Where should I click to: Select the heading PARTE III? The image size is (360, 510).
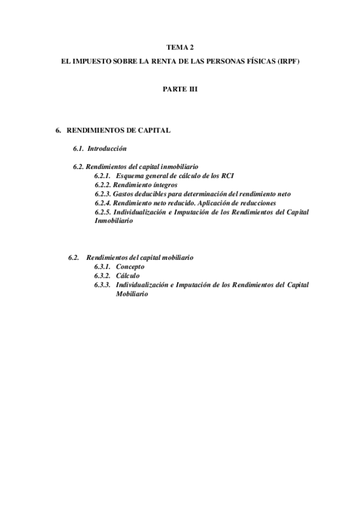tap(180, 88)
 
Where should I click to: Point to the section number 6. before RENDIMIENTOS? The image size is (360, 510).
tap(58, 130)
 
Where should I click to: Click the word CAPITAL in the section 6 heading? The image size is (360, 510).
tap(155, 130)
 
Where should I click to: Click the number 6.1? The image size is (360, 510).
tap(78, 148)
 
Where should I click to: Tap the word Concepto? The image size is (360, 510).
tap(130, 266)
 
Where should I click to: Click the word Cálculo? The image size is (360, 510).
tap(128, 275)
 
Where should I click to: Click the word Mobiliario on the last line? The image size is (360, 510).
tap(132, 294)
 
